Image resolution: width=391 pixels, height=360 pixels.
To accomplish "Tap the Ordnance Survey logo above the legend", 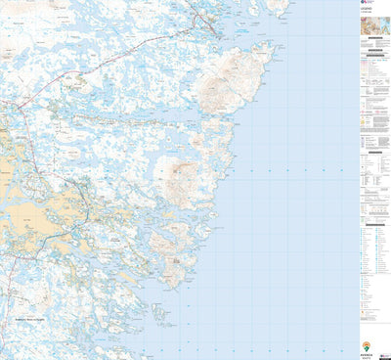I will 364,4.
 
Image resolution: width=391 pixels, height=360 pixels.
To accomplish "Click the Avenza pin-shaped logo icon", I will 367,345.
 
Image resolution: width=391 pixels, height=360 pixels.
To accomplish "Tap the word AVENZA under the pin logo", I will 367,353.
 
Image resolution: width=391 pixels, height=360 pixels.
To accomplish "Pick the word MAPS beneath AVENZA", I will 367,357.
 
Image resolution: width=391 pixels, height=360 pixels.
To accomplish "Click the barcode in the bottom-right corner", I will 384,351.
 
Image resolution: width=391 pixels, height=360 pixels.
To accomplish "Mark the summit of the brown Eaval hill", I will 180,177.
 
